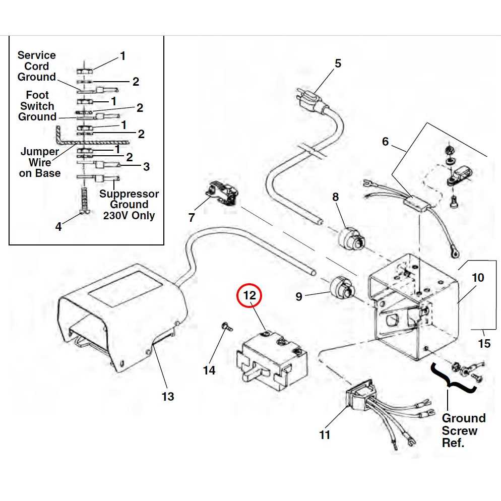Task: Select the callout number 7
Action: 192,218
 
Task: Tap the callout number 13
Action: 168,397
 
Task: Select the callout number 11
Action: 325,434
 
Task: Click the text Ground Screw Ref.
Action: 463,430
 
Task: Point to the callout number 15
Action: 484,344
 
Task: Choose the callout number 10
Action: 478,278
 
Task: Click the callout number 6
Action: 385,142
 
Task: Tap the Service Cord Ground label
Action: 37,66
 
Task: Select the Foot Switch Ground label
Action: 37,106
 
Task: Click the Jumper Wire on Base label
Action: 40,162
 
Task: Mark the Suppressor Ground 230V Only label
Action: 129,205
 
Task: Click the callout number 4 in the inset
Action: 58,227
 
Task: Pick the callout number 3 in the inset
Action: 146,166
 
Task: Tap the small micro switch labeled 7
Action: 222,194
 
